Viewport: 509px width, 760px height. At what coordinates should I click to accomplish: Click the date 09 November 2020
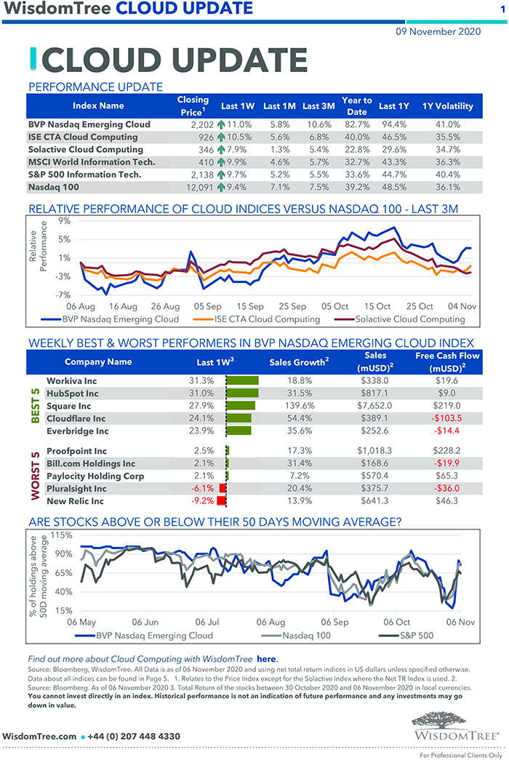click(438, 31)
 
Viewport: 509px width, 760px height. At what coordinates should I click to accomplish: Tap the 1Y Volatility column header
click(447, 106)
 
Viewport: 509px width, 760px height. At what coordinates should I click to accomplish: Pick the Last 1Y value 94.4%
click(393, 124)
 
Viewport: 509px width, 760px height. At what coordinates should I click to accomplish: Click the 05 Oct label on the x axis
click(335, 307)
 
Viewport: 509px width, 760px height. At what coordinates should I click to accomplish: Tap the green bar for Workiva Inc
click(243, 380)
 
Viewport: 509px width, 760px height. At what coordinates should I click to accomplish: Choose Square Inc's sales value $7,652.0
click(374, 405)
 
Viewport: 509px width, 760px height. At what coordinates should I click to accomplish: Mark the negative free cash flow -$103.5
click(447, 418)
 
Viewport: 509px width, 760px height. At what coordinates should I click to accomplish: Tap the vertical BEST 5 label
click(35, 405)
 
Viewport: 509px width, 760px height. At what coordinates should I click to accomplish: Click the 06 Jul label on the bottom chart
click(207, 622)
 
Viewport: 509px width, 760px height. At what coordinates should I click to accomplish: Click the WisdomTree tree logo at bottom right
click(457, 725)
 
